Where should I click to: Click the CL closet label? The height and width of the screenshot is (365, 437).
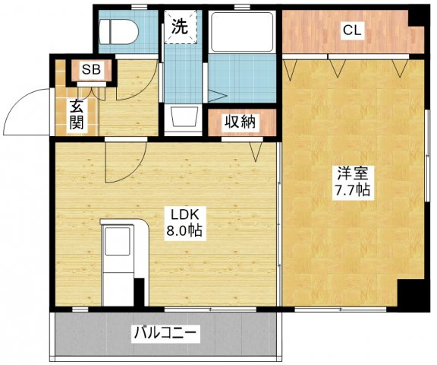point(351,30)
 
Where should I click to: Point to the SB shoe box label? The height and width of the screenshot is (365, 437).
point(91,71)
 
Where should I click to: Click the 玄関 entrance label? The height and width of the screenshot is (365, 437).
point(76,114)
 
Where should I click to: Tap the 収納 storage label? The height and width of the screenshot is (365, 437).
point(239,122)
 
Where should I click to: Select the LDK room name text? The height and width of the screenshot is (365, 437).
point(183,215)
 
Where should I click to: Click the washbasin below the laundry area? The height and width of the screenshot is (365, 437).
point(182,118)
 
